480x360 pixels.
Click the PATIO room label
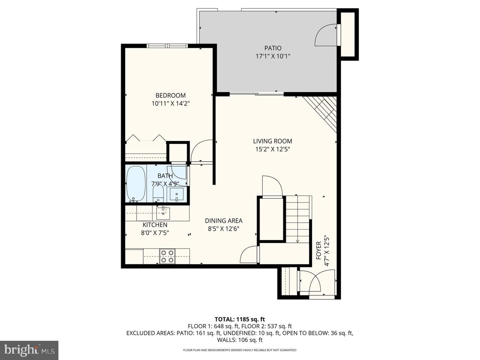pos(273,48)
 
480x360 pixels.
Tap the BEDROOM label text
pos(170,96)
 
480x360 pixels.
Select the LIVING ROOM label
pos(272,141)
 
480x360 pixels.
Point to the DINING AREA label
pos(223,221)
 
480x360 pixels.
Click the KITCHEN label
pos(155,225)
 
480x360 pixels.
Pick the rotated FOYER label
pos(319,254)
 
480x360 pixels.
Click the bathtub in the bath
pos(136,183)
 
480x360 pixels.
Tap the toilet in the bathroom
pos(158,193)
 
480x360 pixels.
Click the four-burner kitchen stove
pos(167,256)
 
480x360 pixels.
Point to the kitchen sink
pos(163,213)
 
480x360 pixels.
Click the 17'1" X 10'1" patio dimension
pos(273,56)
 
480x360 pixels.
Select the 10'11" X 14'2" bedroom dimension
pos(171,103)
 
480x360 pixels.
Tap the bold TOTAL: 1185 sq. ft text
pos(240,319)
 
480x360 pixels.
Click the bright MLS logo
pos(29,350)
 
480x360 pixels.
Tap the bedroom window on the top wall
pos(167,46)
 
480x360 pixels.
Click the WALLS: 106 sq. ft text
pos(240,340)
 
